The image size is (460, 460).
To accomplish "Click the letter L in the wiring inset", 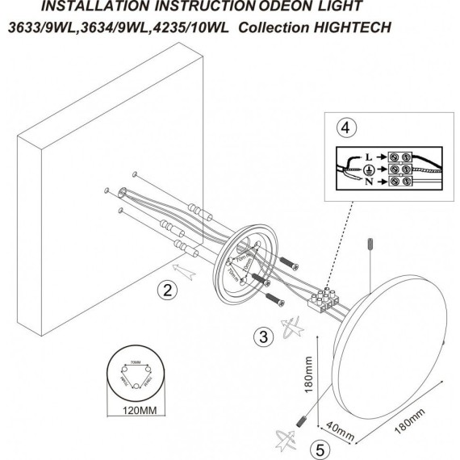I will coord(368,153).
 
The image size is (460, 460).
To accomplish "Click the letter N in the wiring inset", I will coord(368,183).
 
